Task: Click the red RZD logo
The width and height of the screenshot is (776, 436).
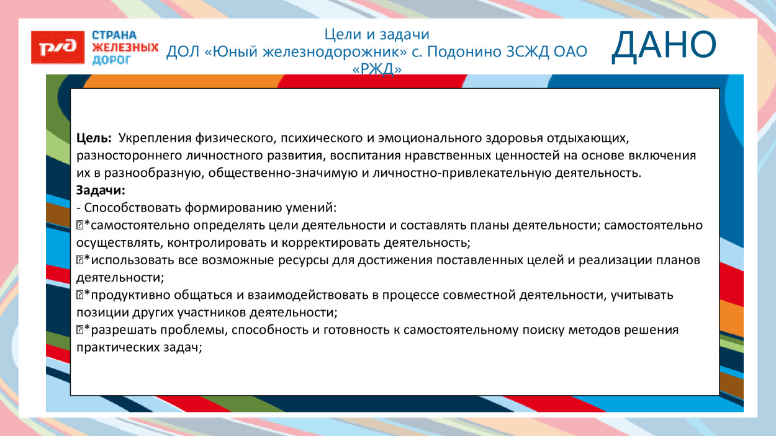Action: (x=58, y=48)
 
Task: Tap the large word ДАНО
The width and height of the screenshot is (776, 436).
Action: (x=663, y=47)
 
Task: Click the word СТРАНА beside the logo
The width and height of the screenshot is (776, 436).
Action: (x=114, y=35)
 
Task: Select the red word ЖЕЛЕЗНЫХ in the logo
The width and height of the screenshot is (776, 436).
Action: (x=125, y=48)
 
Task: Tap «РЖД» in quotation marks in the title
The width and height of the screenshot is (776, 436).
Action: (x=377, y=70)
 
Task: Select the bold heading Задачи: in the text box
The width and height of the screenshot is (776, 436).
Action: (x=101, y=190)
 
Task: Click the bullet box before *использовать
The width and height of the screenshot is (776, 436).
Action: (x=79, y=260)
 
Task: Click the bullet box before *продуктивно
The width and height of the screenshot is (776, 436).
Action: (x=79, y=295)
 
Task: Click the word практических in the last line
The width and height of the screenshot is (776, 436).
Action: (x=113, y=348)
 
